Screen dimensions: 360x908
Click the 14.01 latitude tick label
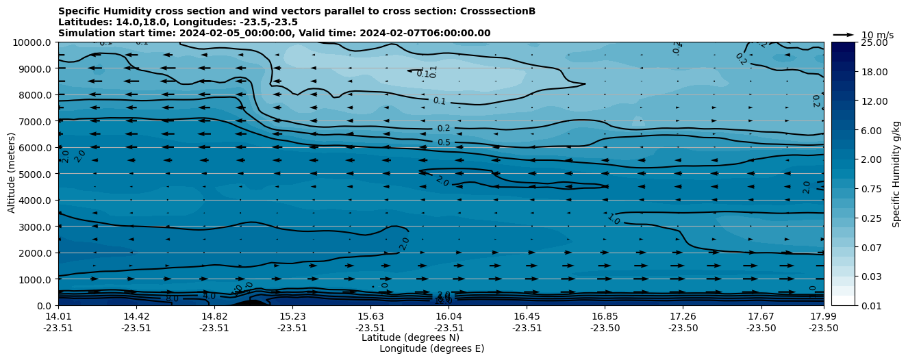pos(58,316)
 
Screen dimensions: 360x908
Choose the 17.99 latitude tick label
pos(823,316)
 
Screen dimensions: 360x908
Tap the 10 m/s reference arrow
pos(843,35)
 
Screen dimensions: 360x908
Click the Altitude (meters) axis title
pos(12,174)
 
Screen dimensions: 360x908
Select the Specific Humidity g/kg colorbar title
pos(896,174)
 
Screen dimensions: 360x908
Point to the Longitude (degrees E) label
pos(431,348)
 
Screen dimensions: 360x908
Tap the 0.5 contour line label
pos(444,142)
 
